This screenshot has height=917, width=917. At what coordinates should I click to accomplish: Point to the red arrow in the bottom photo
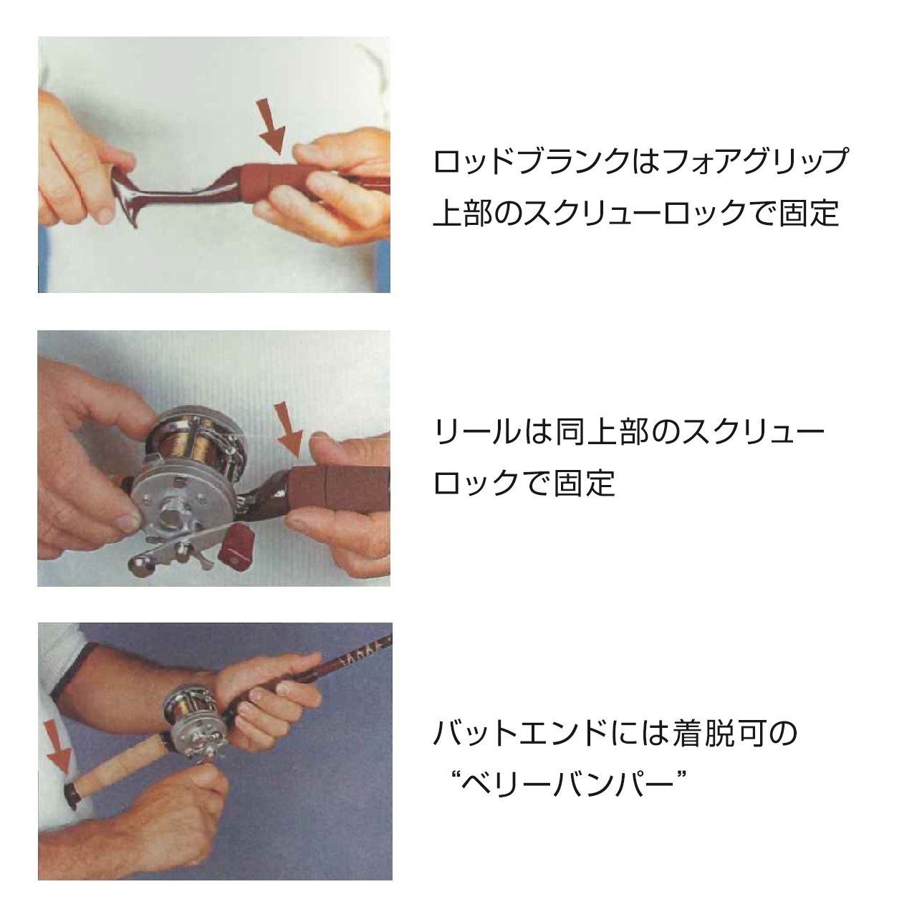(x=57, y=748)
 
